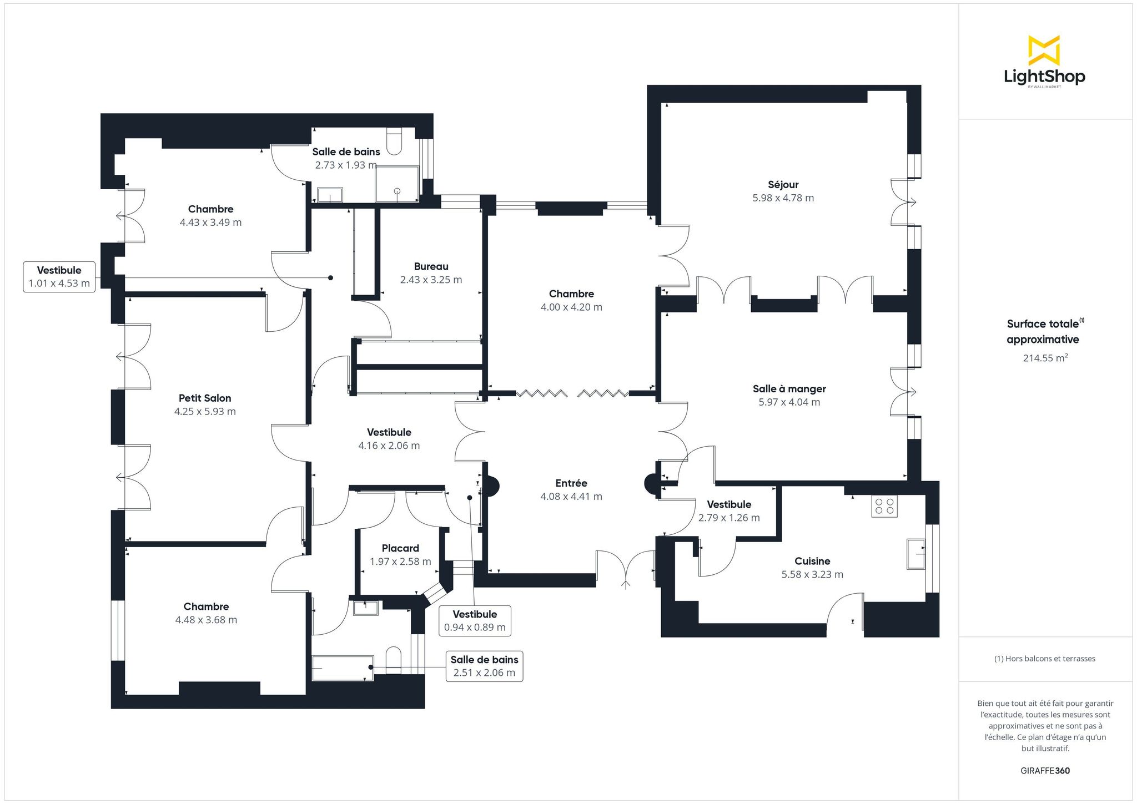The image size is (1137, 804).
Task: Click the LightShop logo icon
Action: tap(1044, 50)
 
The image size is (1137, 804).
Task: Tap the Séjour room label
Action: tap(783, 185)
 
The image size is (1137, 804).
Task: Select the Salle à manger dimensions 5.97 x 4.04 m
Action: tap(789, 402)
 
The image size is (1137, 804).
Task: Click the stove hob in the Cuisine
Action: tap(884, 506)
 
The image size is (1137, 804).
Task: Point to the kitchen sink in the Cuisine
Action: tap(916, 554)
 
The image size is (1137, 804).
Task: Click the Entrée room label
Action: tap(571, 483)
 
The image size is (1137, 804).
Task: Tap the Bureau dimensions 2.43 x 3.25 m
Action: tap(431, 280)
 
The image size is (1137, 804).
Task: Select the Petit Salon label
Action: tap(205, 398)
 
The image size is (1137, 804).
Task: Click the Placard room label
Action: tap(400, 548)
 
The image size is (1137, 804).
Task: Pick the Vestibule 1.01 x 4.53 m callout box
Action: tap(59, 277)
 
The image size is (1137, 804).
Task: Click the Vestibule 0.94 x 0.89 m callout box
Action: tap(475, 621)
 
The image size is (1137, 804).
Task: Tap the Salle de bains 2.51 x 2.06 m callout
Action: tap(484, 666)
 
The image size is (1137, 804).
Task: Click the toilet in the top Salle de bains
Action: tap(394, 141)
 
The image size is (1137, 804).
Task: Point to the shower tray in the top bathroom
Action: tap(398, 184)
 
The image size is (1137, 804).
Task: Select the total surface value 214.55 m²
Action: tap(1045, 358)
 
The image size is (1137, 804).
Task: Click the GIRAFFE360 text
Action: tap(1045, 771)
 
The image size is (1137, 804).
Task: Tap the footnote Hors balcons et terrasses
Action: tap(1044, 659)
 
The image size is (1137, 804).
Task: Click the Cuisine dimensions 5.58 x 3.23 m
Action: tap(812, 574)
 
